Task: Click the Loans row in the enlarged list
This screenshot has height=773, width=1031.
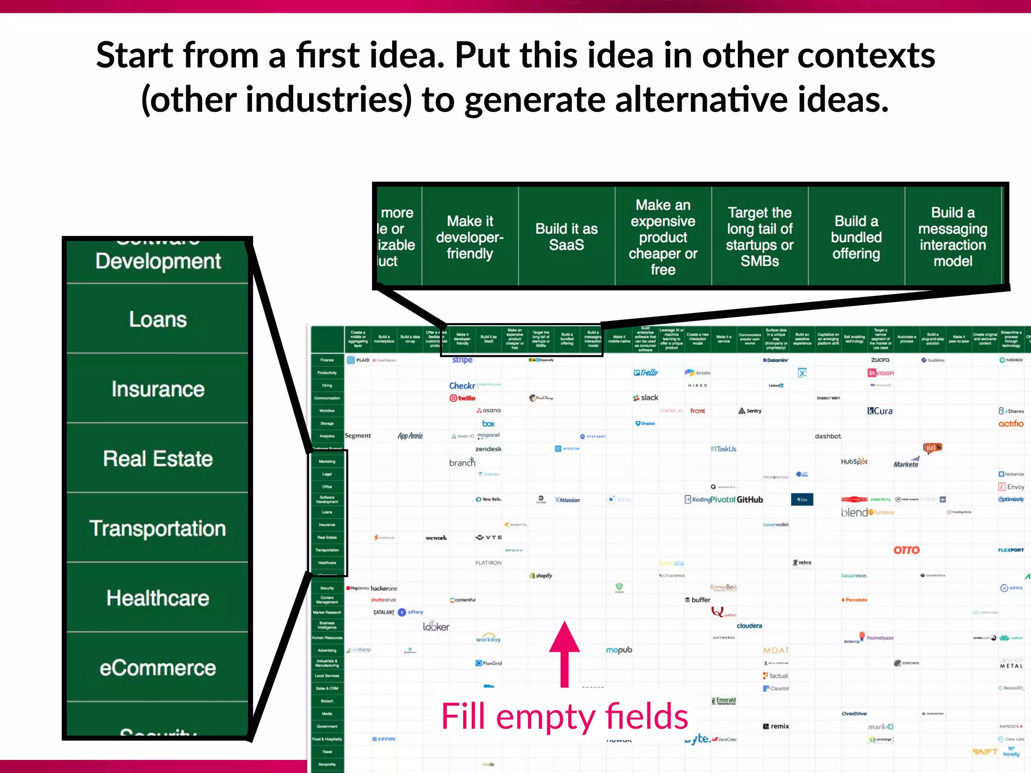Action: [x=158, y=319]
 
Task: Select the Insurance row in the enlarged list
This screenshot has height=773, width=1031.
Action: [x=158, y=389]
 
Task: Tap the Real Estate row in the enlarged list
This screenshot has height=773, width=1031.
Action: [x=158, y=458]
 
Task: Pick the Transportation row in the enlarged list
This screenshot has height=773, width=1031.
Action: [x=158, y=528]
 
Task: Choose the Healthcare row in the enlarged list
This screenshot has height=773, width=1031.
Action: [x=158, y=598]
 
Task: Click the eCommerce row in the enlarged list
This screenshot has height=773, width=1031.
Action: [x=158, y=668]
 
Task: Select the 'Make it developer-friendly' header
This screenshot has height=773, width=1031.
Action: [x=470, y=237]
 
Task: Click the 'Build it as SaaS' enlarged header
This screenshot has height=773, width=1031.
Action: [x=566, y=237]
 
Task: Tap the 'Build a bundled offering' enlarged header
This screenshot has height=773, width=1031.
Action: [x=856, y=237]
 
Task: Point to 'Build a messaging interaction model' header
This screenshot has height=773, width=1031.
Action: [x=952, y=237]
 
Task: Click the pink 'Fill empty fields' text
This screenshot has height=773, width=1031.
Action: [x=564, y=716]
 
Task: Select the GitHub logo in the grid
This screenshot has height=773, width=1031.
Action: [x=750, y=500]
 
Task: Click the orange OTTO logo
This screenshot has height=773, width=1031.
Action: [x=906, y=550]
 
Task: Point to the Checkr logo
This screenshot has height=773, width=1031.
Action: [x=462, y=385]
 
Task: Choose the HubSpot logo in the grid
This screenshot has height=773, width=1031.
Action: [x=854, y=461]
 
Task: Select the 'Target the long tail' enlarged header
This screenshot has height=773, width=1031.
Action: [x=759, y=237]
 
